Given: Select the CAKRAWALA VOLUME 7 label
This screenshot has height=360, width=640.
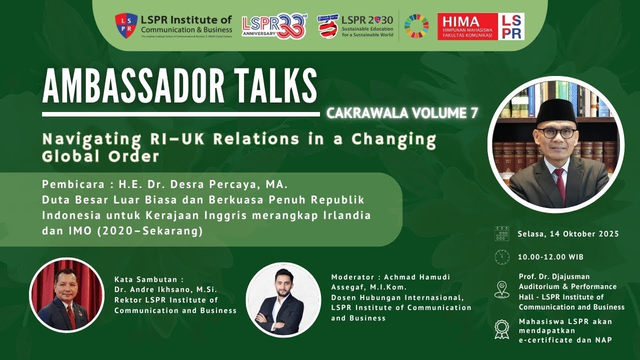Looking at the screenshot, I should coord(402,113).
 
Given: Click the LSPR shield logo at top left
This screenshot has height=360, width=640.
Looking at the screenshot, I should coord(126,25).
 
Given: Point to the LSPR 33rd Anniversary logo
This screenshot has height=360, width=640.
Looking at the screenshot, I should coord(274,26).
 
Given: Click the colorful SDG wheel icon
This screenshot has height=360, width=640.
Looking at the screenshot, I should coord(416,26).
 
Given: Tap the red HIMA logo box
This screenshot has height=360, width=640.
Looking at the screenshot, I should coord(467,26).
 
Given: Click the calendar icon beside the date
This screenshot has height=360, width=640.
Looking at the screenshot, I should coord(501,233).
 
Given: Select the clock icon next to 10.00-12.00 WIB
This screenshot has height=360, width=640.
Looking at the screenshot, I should coord(501,257).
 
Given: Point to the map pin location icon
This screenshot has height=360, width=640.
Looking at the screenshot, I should coord(501,289).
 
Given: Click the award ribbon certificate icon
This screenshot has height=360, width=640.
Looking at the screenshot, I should coord(501,329).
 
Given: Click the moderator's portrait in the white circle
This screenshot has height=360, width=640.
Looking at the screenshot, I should coord(283,299).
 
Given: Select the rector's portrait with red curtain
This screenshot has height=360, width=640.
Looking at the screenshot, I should coord(66,295).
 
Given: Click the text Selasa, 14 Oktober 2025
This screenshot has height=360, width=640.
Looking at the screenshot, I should coord(568,234).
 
